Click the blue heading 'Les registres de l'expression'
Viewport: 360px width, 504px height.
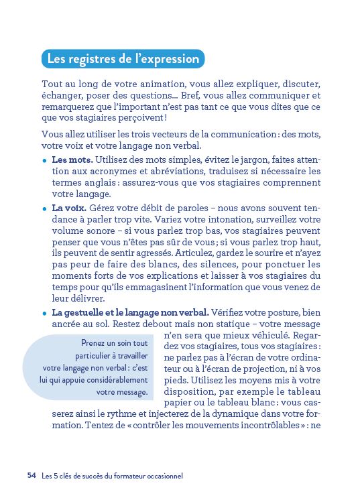point(123,59)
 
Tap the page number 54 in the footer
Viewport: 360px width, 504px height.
point(31,475)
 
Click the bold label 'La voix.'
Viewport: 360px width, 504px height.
point(69,208)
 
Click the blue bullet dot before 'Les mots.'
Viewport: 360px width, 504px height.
point(44,161)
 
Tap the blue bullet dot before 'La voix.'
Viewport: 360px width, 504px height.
point(44,209)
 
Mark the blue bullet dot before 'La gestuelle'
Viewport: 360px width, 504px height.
point(44,313)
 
